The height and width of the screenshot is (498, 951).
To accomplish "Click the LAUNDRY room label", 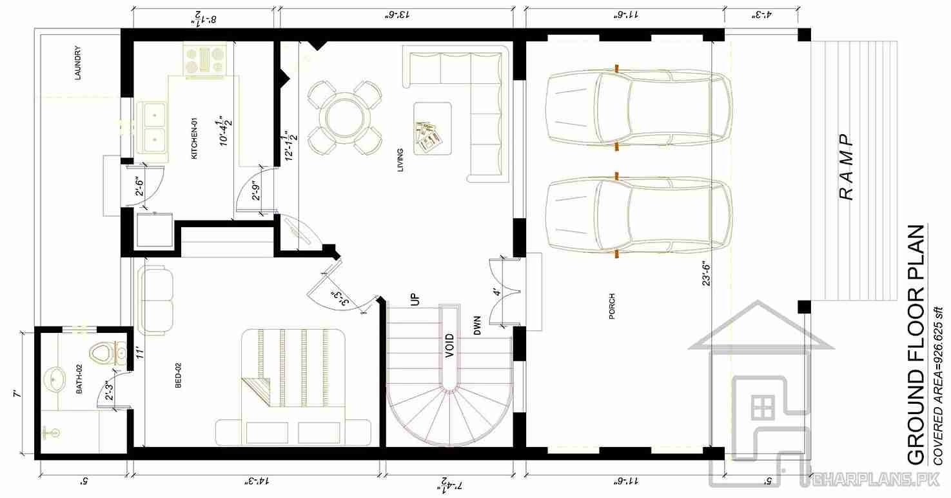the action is tap(78, 63).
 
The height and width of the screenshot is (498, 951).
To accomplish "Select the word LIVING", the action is tap(400, 160).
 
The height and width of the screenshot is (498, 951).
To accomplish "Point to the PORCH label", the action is tap(612, 306).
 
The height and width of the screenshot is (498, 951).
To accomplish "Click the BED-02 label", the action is tap(179, 375).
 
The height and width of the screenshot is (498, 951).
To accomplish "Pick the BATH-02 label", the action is tap(79, 379).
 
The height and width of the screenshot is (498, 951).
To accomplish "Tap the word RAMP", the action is tap(846, 168).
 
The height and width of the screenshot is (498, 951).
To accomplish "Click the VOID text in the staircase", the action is tap(449, 346).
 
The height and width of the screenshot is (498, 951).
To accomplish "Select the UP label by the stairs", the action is tap(415, 299).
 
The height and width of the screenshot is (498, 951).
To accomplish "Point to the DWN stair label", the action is tap(477, 325).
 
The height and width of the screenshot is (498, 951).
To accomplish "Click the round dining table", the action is tap(344, 117).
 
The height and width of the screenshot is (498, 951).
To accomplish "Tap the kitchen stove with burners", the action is tap(205, 61).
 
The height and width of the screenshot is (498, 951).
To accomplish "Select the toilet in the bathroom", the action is tap(108, 353).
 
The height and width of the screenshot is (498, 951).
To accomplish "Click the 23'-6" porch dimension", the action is tap(706, 273).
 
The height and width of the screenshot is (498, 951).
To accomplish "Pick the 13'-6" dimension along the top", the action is tap(397, 15).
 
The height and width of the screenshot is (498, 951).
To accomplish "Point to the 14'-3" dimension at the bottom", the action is tap(258, 481).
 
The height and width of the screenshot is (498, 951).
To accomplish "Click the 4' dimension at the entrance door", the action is tap(496, 292).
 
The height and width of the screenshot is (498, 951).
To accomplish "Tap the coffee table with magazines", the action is tap(433, 128).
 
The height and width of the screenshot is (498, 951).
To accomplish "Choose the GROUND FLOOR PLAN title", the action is tap(916, 344).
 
